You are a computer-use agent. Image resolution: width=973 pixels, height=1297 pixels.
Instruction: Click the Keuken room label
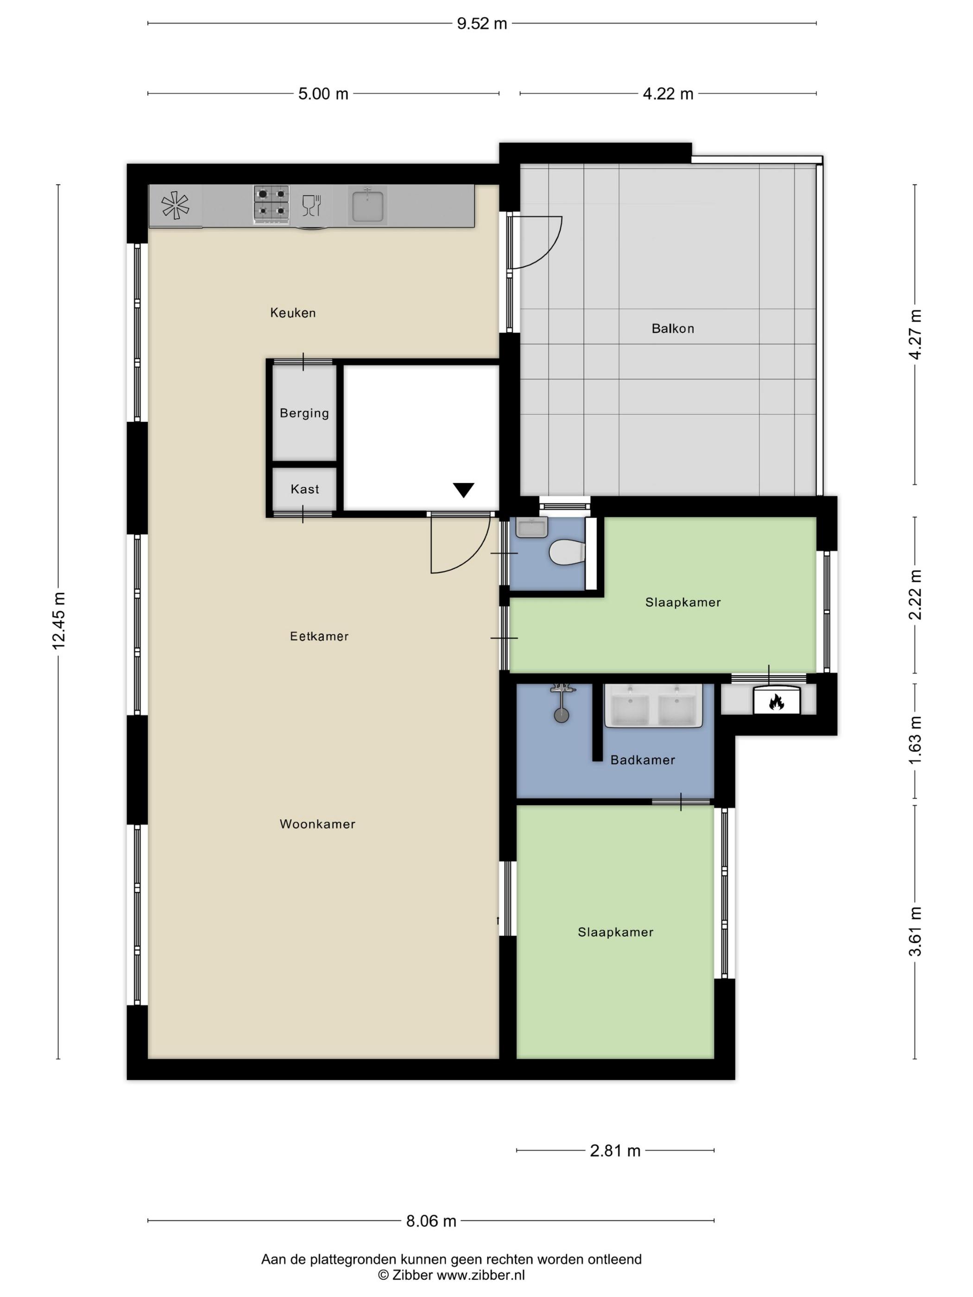tap(293, 313)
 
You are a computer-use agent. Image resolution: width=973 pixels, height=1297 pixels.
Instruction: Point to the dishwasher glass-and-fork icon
tap(311, 205)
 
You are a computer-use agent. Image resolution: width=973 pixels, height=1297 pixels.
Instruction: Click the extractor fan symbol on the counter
tap(175, 206)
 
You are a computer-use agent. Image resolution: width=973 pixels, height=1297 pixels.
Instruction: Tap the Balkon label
tap(673, 328)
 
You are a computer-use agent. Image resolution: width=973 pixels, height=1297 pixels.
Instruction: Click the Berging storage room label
tap(304, 413)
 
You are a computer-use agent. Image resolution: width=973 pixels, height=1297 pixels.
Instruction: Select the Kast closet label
tap(304, 489)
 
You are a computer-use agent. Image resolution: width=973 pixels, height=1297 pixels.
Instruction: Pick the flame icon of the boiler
tap(777, 701)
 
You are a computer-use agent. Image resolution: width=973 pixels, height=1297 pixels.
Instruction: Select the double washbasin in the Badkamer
tap(653, 705)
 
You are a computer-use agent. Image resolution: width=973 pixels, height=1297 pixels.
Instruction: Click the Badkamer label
tap(642, 760)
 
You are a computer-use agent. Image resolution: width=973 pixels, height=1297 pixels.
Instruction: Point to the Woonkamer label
tap(317, 824)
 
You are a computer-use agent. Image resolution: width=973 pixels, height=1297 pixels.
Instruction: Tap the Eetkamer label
tap(319, 636)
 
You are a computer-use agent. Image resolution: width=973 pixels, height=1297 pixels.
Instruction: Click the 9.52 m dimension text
tap(481, 24)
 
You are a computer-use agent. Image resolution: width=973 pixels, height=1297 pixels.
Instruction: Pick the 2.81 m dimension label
tap(615, 1151)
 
